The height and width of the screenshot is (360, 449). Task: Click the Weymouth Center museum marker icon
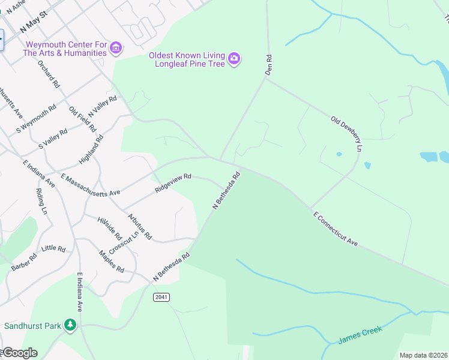click(x=116, y=47)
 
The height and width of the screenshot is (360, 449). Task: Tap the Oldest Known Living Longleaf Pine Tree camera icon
click(x=235, y=58)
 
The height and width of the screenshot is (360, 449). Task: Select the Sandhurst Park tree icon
click(x=71, y=325)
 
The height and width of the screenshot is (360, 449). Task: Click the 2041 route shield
click(x=161, y=297)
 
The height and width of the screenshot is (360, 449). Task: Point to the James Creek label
click(x=360, y=335)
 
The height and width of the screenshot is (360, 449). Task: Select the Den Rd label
click(x=269, y=65)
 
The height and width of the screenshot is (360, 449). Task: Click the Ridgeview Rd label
click(x=173, y=182)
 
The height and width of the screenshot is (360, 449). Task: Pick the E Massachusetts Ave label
click(x=91, y=185)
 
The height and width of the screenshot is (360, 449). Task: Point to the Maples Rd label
click(x=112, y=261)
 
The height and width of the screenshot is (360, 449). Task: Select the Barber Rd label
click(x=24, y=262)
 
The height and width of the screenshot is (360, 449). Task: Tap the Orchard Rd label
click(x=49, y=74)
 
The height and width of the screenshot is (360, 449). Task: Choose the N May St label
click(x=33, y=24)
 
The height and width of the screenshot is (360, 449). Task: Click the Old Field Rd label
click(x=82, y=119)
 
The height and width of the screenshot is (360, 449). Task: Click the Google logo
click(x=20, y=352)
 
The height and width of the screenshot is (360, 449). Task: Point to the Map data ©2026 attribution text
click(x=423, y=355)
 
